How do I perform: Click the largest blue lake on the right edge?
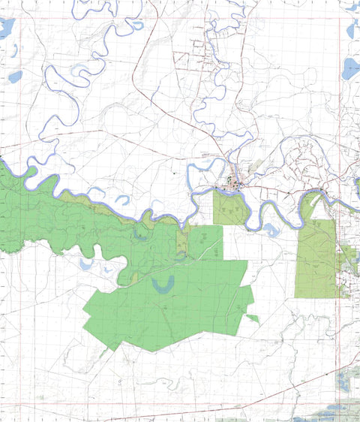[x=351, y=69]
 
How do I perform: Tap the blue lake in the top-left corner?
[x=6, y=29]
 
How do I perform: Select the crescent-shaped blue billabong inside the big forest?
[x=162, y=284]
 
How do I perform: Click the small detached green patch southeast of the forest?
[x=253, y=319]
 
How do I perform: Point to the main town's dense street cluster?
[x=234, y=182]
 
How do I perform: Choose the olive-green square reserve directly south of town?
[x=229, y=208]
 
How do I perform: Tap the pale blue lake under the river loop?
[x=271, y=230]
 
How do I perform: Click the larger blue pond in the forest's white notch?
[x=85, y=264]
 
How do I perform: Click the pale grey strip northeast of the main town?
[x=256, y=165]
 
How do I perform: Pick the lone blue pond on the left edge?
[x=15, y=76]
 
